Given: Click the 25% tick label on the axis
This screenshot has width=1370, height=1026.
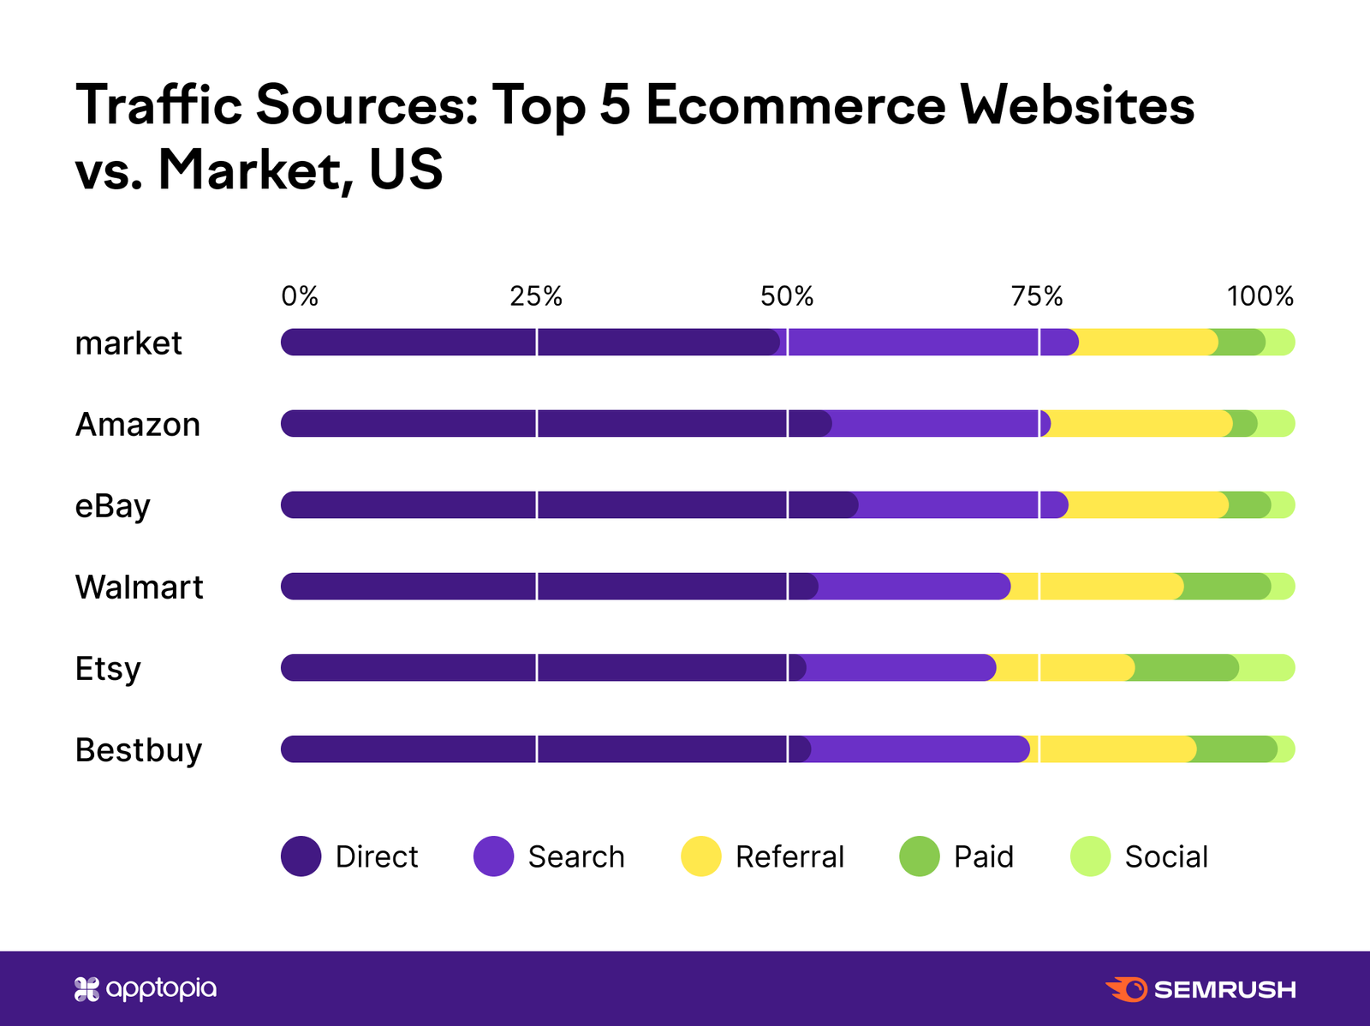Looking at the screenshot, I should coord(536,296).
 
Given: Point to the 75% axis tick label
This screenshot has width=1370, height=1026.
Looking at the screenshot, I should coord(1037,296).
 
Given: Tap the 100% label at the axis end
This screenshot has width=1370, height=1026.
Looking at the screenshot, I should coord(1260,296).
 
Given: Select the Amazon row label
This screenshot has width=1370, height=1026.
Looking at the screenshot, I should coord(138,425).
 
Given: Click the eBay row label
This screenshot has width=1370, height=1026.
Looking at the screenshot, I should coord(113,506).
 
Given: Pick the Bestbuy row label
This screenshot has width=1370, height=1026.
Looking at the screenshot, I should coord(139,750).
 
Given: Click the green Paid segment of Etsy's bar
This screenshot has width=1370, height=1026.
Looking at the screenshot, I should coord(1187,668).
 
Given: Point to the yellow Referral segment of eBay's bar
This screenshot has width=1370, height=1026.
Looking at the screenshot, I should coord(1147,505).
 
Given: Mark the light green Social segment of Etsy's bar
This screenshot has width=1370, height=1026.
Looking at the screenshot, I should coord(1266,668).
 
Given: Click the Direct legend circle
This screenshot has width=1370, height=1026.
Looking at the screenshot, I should coord(301,856).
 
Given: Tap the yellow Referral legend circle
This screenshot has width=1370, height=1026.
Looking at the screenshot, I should coord(701,856).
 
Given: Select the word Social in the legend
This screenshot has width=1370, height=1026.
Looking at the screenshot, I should coord(1166,856).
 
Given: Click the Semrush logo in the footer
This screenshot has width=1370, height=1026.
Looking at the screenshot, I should coord(1200,989).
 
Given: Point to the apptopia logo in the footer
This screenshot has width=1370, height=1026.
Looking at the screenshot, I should coord(146,989).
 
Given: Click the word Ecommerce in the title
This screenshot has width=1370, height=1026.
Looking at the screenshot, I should coord(795,105).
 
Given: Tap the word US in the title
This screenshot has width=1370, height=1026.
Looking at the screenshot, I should coord(406,170).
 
